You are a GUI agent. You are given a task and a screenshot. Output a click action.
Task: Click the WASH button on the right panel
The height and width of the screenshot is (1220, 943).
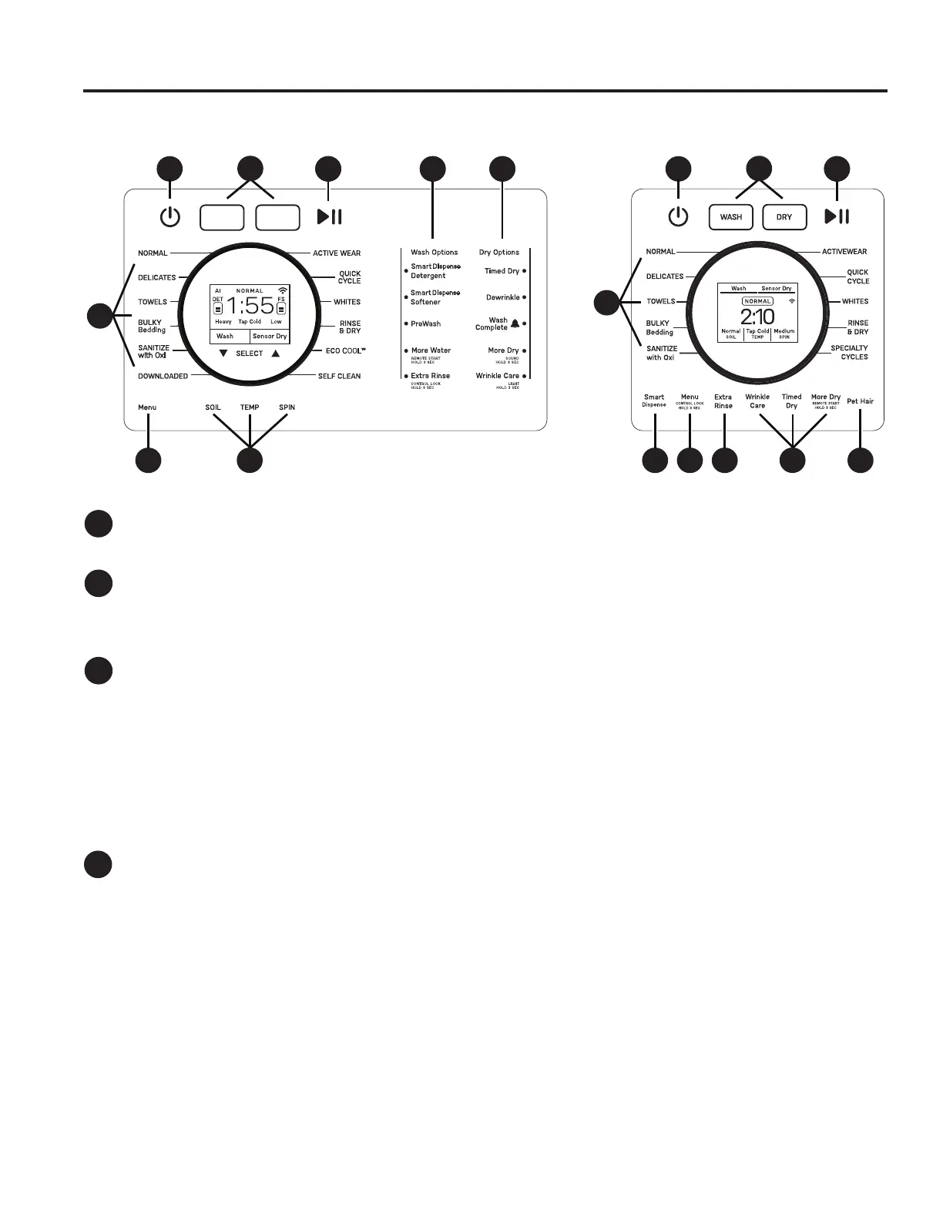(x=730, y=217)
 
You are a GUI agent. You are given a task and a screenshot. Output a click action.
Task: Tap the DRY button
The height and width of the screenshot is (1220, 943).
(x=784, y=217)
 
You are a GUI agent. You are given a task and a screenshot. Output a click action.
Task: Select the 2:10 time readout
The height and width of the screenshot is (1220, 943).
(x=757, y=316)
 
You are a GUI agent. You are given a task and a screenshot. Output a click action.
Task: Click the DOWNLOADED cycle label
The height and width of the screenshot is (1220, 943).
(x=163, y=377)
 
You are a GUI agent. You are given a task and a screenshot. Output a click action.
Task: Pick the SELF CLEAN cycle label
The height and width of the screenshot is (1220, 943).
(x=339, y=377)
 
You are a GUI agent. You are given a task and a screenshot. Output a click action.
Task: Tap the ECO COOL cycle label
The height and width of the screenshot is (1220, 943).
(x=345, y=351)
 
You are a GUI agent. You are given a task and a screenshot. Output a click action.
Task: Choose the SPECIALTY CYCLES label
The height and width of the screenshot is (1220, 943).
(x=849, y=353)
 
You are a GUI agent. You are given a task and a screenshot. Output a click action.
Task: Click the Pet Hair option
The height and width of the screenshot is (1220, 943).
(x=860, y=401)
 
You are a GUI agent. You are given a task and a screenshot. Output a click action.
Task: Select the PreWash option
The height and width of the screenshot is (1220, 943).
(x=425, y=324)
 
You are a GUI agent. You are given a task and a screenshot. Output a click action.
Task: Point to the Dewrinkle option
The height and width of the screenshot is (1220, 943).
(x=503, y=297)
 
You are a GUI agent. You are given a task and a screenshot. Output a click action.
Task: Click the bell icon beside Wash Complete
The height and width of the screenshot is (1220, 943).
(x=515, y=323)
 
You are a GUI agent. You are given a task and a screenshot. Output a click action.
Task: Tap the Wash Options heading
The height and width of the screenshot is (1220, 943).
(x=434, y=253)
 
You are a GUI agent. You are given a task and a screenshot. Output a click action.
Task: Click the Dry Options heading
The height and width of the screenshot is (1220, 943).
(x=499, y=253)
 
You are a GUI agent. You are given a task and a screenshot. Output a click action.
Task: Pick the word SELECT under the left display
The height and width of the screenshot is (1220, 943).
(x=250, y=354)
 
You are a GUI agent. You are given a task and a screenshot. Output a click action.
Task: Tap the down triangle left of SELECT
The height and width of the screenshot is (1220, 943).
(x=223, y=354)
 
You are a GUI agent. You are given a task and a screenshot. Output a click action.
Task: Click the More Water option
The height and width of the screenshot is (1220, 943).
(x=431, y=350)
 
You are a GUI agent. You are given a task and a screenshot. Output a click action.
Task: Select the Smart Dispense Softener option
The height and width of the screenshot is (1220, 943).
(x=435, y=297)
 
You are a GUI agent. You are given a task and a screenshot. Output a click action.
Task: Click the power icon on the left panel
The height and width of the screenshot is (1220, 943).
(x=170, y=217)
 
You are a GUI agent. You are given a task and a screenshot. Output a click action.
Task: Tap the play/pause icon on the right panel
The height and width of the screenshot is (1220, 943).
(x=837, y=217)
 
